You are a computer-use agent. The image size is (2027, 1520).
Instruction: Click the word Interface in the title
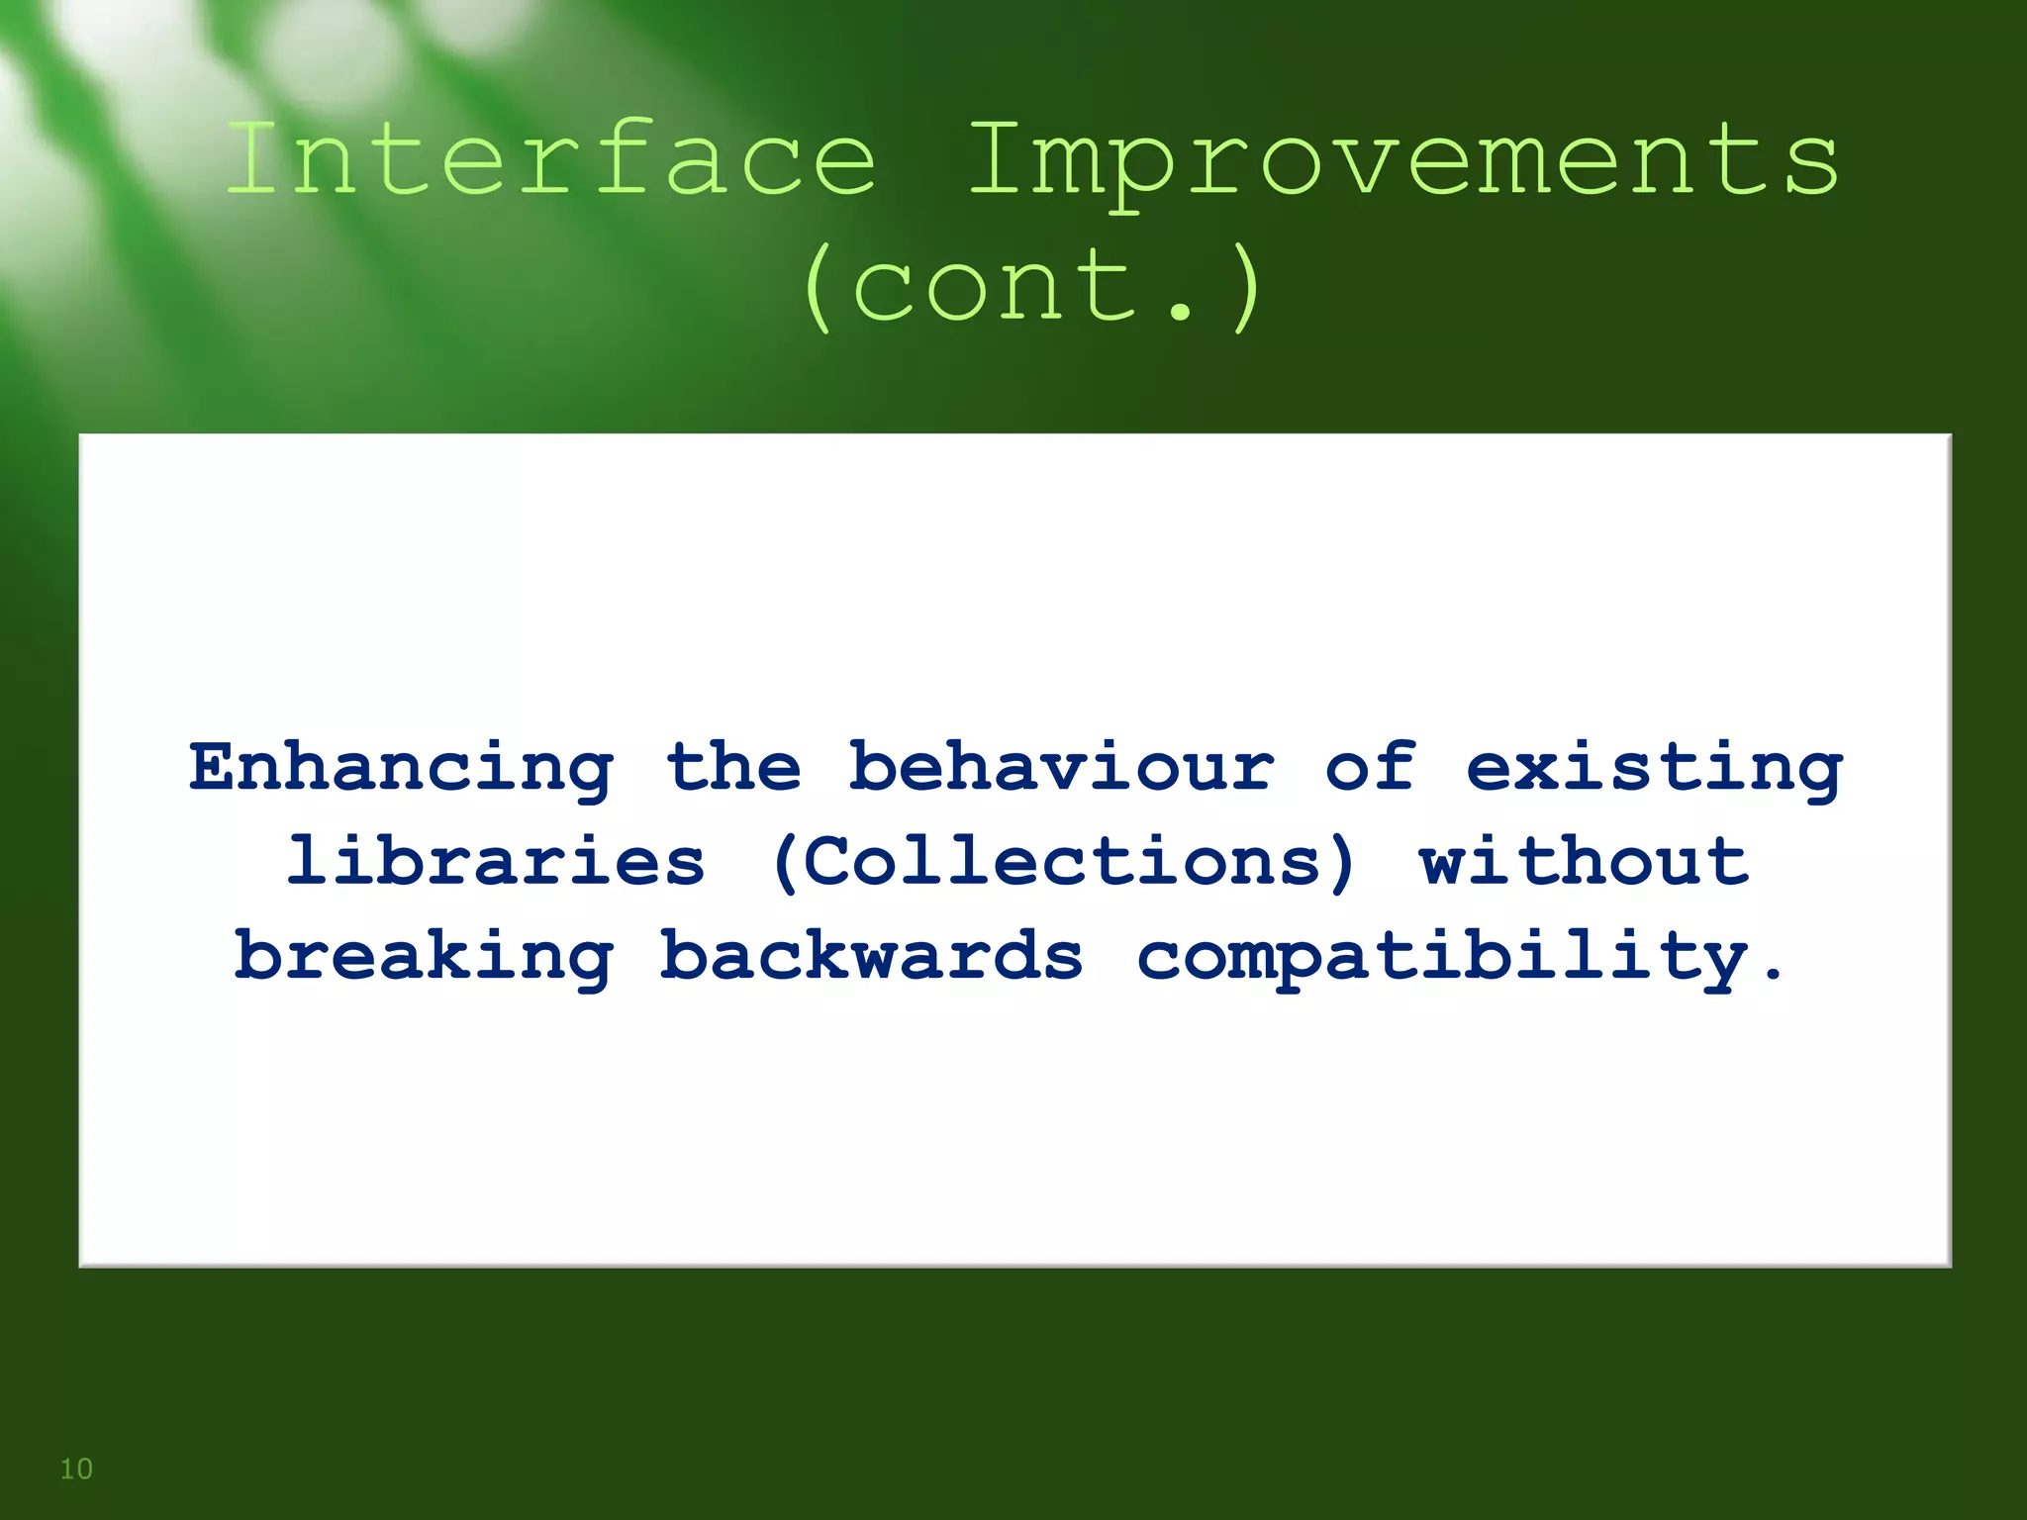550,158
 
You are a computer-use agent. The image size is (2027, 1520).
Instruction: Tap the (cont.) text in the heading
1031,287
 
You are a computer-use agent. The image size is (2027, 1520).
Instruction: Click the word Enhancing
402,768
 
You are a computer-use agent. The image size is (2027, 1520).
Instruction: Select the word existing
1654,768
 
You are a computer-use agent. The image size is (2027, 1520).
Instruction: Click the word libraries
495,860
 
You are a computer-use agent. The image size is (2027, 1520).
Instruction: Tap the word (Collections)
1062,862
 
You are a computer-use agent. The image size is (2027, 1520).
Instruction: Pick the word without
1584,860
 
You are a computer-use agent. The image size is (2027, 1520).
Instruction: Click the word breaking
424,956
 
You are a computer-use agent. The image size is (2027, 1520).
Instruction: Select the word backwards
871,955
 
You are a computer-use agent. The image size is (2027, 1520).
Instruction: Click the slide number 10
76,1469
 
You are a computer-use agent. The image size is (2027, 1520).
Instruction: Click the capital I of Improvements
995,158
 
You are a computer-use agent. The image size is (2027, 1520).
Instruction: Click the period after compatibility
1772,975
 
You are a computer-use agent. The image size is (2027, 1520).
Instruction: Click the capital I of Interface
253,158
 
